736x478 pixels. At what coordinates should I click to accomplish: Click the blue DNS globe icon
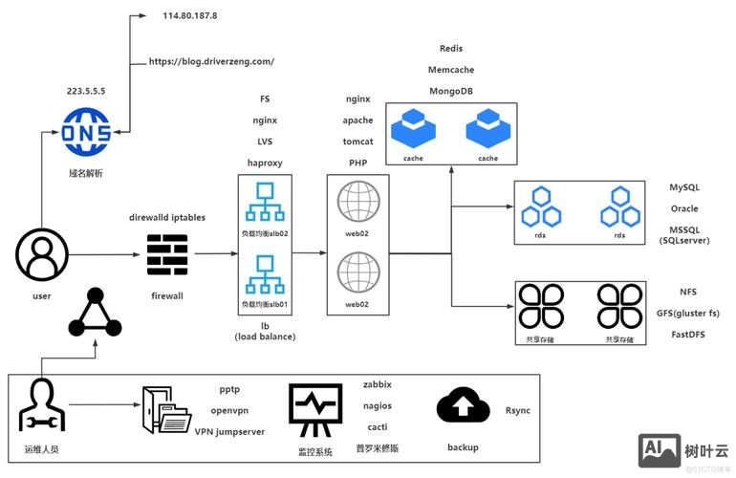click(x=86, y=131)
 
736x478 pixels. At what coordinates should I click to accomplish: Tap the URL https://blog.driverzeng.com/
click(x=211, y=61)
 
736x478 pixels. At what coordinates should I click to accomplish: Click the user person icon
click(x=41, y=254)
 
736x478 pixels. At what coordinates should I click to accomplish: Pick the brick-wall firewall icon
click(x=167, y=253)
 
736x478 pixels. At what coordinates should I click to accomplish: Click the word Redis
click(x=451, y=48)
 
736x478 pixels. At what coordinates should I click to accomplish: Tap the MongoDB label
click(x=451, y=91)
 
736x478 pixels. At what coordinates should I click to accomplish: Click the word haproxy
click(x=265, y=163)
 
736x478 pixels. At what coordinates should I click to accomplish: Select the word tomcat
click(x=357, y=141)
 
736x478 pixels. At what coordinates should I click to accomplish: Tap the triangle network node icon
click(x=96, y=314)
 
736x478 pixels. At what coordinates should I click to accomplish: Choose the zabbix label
click(x=378, y=384)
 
